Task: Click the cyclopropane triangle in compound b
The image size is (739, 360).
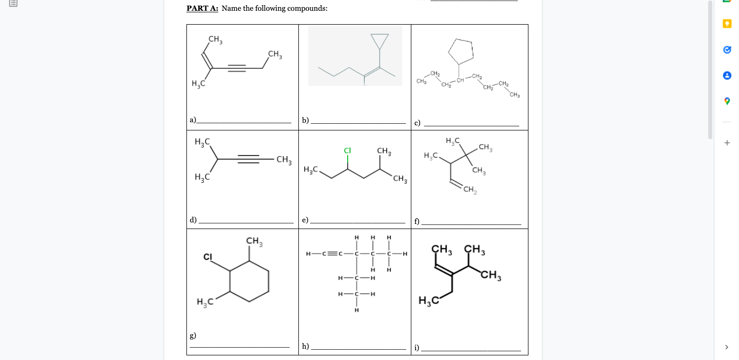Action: [379, 40]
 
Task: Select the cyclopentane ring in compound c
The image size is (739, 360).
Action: [461, 50]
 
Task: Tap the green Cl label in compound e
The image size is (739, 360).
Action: [347, 150]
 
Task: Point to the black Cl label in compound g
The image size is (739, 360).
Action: [208, 256]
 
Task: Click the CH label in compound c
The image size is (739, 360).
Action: [460, 80]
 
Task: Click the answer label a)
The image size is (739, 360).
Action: [193, 120]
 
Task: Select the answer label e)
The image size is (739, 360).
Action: [305, 220]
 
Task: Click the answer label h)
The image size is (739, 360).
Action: [305, 346]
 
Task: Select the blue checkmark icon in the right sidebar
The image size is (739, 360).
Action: [727, 50]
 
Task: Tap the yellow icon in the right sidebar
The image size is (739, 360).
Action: [727, 24]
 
